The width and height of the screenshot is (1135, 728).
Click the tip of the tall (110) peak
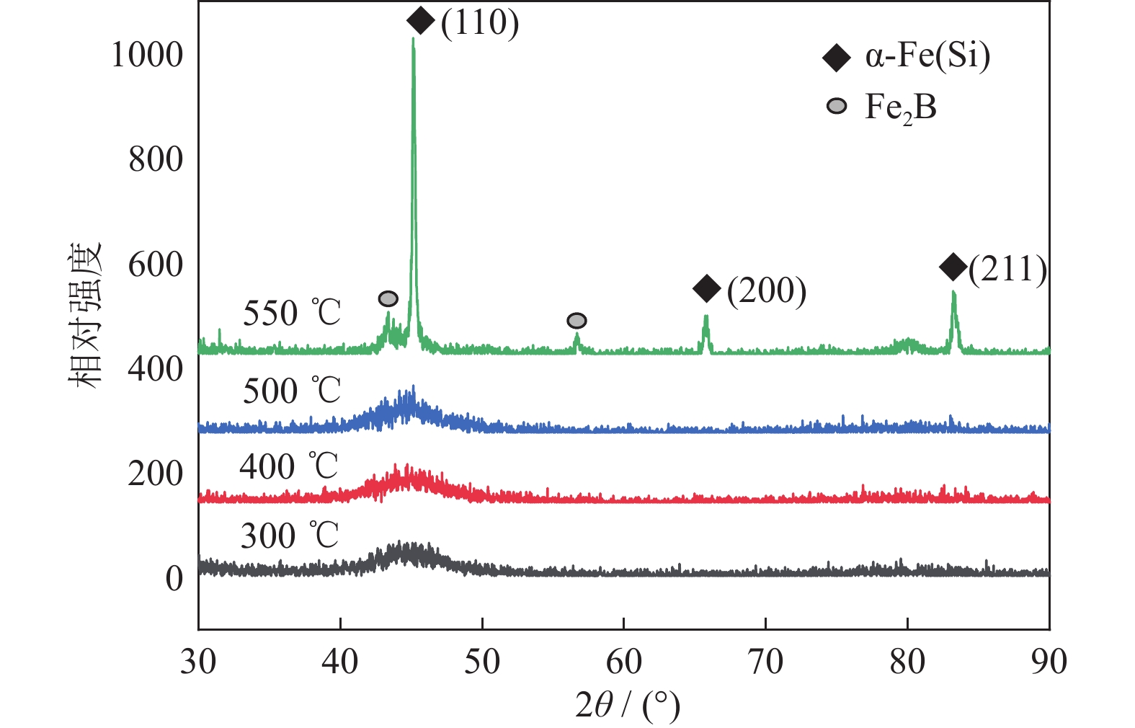point(413,39)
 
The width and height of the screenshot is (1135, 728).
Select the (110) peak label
point(480,22)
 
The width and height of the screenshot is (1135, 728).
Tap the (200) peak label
point(766,290)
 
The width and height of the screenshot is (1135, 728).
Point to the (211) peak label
point(1007,269)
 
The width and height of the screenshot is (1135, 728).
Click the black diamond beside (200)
point(707,288)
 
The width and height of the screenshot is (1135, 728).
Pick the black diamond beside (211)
point(953,267)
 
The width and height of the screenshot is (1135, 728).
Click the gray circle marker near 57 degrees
point(577,321)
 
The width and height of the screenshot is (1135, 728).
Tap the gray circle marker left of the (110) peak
point(388,298)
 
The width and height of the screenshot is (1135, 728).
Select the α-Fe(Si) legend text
point(927,56)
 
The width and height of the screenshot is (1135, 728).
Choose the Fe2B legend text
point(901,108)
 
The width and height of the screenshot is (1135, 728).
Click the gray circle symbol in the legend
point(837,107)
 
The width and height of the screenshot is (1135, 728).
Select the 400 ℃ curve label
point(289,466)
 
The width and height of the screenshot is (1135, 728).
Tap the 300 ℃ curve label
point(290,536)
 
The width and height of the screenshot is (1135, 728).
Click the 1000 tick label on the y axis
point(147,54)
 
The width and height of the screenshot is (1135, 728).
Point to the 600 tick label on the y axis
point(156,265)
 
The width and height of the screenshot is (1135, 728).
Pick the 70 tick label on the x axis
point(765,662)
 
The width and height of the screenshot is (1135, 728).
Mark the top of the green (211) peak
point(953,292)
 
